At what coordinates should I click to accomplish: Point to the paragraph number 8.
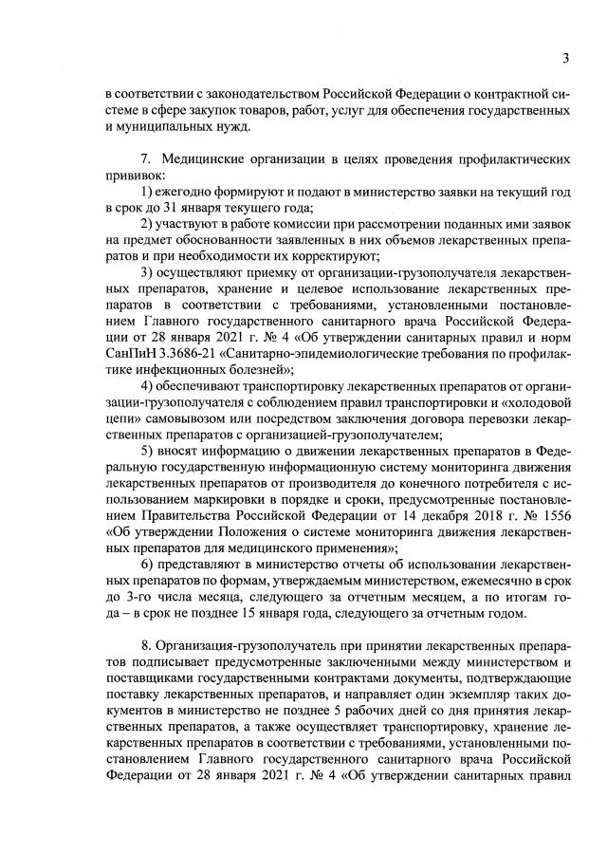point(142,647)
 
